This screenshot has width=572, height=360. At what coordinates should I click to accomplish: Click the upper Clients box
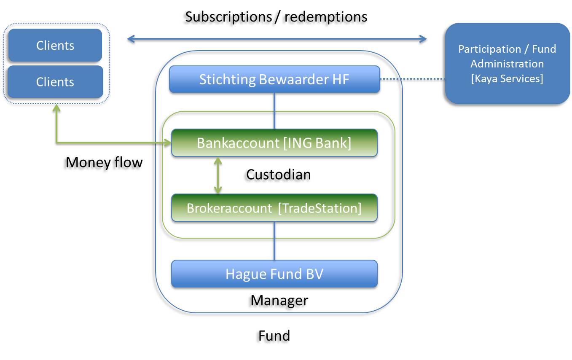[x=55, y=45]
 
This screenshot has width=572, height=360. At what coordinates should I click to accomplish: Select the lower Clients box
[x=55, y=82]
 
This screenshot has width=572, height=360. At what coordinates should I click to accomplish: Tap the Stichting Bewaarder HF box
[x=274, y=79]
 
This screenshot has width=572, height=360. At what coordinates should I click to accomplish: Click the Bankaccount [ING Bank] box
[x=274, y=143]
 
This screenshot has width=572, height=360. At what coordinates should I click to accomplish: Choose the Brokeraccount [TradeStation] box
[x=274, y=208]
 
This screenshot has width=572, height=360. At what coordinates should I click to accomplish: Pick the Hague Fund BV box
[x=274, y=274]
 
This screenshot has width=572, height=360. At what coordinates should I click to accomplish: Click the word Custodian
[x=278, y=175]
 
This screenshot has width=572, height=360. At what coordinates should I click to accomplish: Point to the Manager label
[x=279, y=301]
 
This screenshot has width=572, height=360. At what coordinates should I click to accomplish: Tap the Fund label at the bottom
[x=274, y=336]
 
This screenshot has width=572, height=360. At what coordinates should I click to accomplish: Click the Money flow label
[x=104, y=162]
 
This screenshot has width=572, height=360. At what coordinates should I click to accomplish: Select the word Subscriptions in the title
[x=228, y=17]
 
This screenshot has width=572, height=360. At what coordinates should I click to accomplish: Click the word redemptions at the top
[x=326, y=17]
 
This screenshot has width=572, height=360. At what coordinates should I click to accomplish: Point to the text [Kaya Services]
[x=507, y=78]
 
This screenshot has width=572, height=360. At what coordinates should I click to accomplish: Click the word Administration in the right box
[x=507, y=64]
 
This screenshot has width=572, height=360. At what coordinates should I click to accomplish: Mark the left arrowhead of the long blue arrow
[x=131, y=39]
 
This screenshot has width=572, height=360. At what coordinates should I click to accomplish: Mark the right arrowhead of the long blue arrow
[x=423, y=39]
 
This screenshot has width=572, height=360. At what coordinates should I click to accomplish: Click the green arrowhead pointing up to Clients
[x=56, y=108]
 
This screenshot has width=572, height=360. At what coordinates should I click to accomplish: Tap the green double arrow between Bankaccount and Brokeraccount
[x=218, y=175]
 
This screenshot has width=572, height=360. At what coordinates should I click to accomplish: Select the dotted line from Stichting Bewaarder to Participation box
[x=413, y=79]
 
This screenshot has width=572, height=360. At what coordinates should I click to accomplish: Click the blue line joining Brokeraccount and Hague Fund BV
[x=274, y=241]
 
